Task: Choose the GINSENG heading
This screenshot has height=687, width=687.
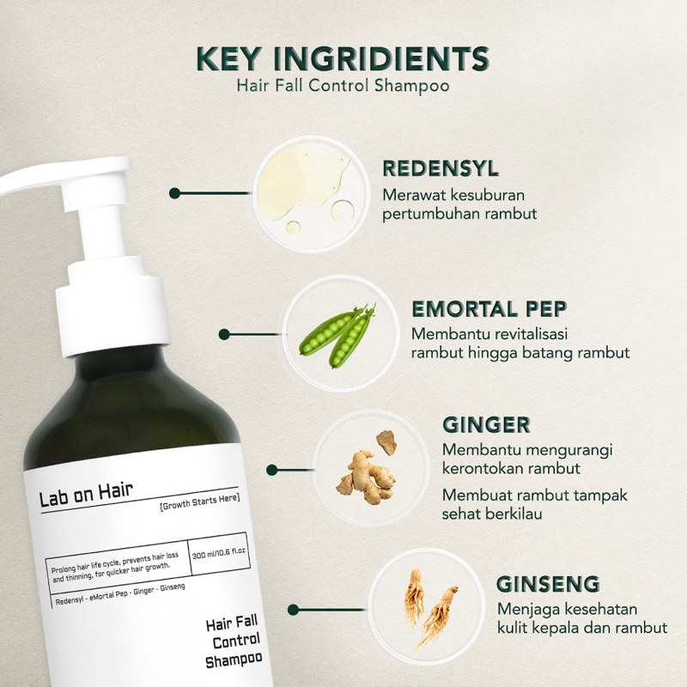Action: tap(546, 585)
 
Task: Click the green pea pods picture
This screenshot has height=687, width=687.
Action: tap(337, 334)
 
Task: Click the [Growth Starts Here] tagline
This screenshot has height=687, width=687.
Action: tap(199, 500)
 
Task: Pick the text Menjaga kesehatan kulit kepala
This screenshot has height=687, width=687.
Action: tap(581, 619)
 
